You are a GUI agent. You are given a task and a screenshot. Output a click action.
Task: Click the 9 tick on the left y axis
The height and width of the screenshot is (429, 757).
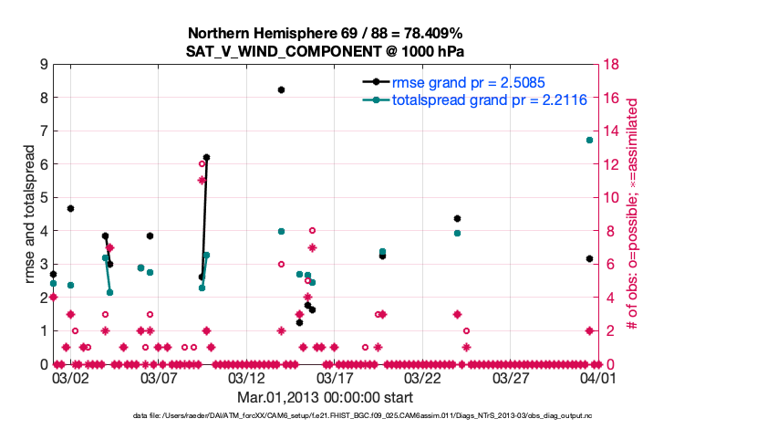pyautogui.click(x=43, y=65)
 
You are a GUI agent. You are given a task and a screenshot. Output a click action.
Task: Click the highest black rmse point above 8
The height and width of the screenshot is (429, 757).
pyautogui.click(x=281, y=89)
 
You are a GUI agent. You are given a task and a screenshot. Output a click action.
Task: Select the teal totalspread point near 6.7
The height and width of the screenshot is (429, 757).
pyautogui.click(x=589, y=140)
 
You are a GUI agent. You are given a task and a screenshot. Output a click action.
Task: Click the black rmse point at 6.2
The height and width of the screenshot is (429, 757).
pyautogui.click(x=206, y=157)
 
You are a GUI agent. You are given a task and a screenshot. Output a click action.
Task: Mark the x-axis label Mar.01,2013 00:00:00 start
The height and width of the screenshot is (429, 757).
pyautogui.click(x=324, y=397)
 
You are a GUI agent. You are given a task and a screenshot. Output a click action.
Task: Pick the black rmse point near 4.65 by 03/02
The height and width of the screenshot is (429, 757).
pyautogui.click(x=70, y=208)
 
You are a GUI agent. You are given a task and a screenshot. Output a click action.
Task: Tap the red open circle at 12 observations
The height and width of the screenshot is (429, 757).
pyautogui.click(x=202, y=164)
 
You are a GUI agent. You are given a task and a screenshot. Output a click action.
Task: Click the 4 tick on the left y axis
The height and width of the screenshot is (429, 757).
pyautogui.click(x=43, y=231)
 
